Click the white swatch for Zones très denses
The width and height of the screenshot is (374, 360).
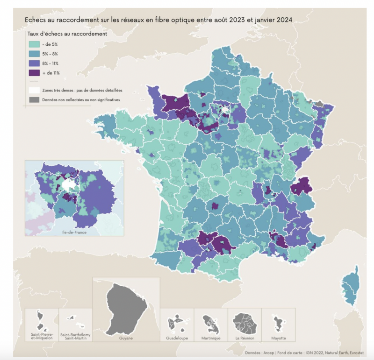click(34, 90)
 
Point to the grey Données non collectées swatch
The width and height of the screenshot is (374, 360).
click(34, 100)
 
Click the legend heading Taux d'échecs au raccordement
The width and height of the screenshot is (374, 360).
click(67, 34)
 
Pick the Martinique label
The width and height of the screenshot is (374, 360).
click(210, 337)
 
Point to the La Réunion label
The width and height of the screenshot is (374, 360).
click(244, 337)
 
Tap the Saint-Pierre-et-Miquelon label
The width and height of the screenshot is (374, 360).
click(41, 337)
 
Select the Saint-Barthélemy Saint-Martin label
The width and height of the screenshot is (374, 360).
click(75, 337)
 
